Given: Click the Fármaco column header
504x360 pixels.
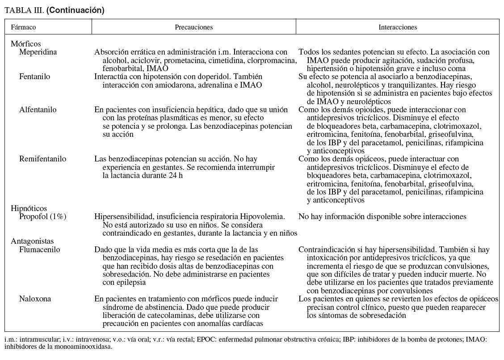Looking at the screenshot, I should [24, 27].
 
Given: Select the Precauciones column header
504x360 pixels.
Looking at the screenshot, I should [193, 27].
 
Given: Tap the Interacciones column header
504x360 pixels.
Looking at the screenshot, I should [398, 27].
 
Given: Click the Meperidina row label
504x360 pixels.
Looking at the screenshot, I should [38, 52].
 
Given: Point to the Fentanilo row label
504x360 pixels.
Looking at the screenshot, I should [35, 76].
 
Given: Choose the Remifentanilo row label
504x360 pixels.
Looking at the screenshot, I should [43, 159].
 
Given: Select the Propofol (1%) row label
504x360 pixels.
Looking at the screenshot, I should [43, 216].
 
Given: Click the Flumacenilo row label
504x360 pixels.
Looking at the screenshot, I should [40, 250].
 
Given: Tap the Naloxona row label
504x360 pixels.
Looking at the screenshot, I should [35, 299].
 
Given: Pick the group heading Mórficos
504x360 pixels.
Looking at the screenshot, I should [25, 44].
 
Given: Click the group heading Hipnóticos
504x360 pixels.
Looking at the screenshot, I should [29, 208].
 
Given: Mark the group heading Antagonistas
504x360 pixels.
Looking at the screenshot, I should [32, 241].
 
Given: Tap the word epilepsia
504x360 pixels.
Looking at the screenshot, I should [130, 283].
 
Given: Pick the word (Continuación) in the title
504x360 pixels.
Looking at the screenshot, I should [76, 10].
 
